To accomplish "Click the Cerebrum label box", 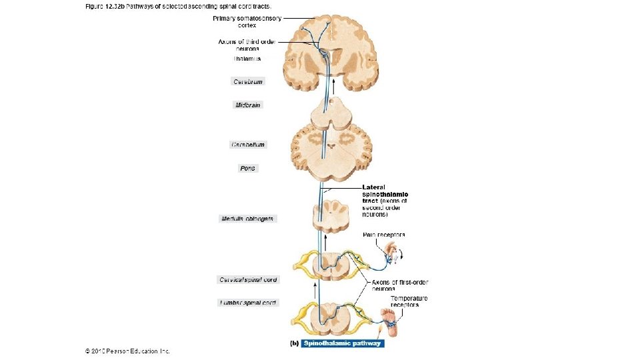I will coord(248,81).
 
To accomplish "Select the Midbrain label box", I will coord(248,105).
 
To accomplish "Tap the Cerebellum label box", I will coord(248,145).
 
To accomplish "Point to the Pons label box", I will coord(248,169).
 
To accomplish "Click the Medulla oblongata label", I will coord(247,219).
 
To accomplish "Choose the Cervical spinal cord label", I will coord(247,279).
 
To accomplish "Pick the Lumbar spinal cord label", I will coord(247,303).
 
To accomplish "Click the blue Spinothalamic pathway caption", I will coord(342,343).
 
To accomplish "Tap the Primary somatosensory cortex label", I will coord(247,21).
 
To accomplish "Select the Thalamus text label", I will coord(247,59).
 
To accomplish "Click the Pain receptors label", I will coord(383,235).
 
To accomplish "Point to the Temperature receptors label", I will coord(409,301).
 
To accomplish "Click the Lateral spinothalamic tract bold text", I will coord(385,194).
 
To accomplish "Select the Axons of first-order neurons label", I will coord(393,285).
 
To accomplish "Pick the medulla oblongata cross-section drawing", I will coord(331,217).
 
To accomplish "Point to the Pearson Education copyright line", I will coord(127,351).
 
